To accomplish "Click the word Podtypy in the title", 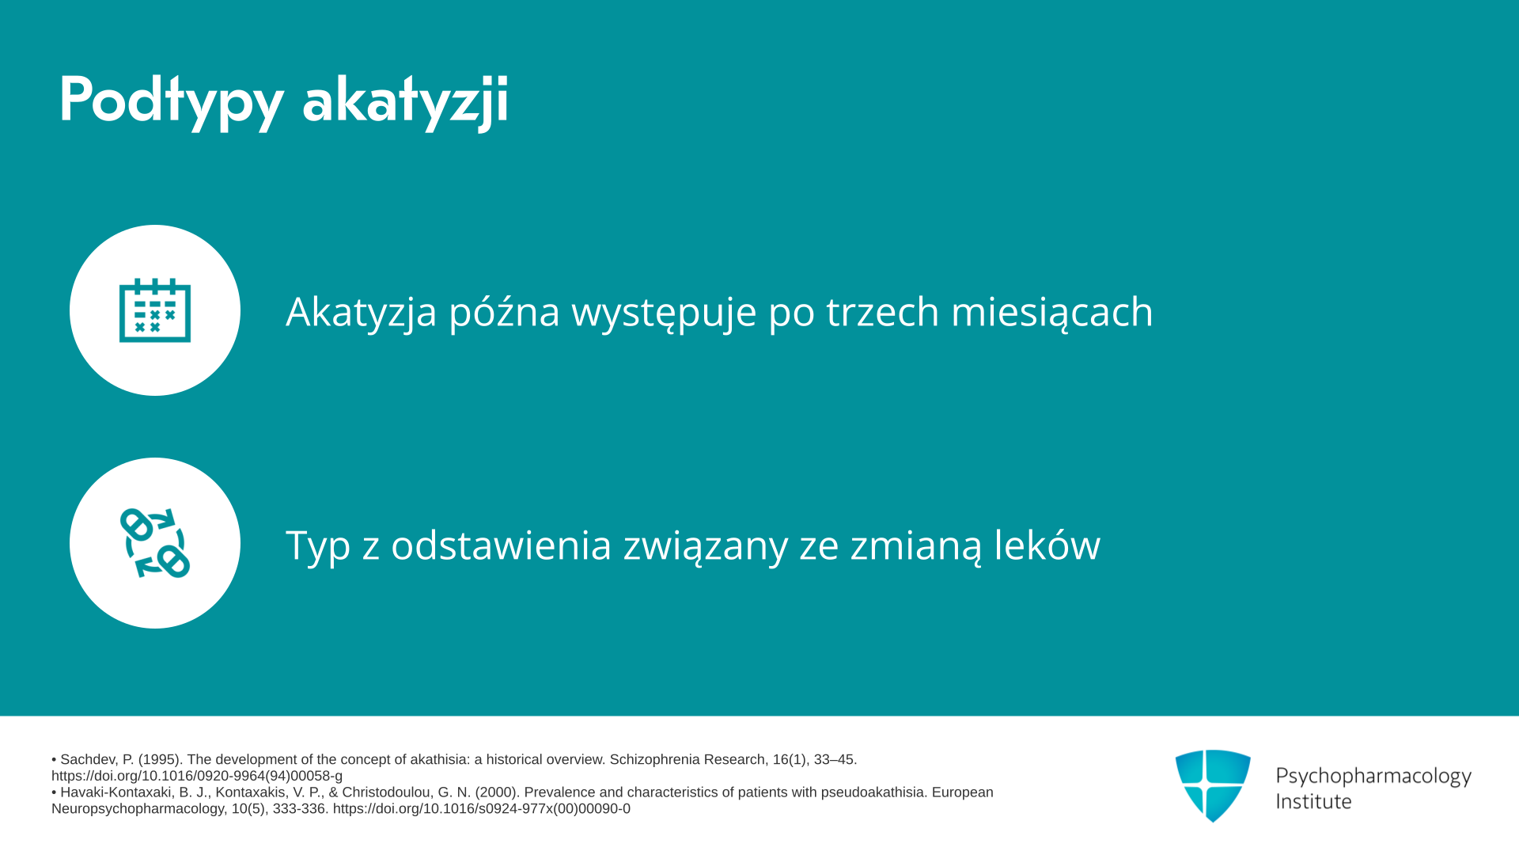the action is coord(171,101).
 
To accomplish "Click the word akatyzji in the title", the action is coord(405,101).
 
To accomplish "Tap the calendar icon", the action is coord(155,310).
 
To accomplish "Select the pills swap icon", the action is coord(155,543).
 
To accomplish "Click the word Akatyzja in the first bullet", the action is coord(362,311).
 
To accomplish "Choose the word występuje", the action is coord(664,311).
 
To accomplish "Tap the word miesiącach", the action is coord(1052,311).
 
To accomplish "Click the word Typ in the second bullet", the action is coord(318,545).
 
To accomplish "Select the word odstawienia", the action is coord(502,545).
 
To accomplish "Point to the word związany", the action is coord(706,545).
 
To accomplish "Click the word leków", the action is coord(1047,545).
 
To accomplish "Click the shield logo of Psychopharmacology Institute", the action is coord(1213,785).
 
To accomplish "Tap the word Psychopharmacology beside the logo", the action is coord(1373,776).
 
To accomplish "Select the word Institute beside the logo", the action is coord(1313,801).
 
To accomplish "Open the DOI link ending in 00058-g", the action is coord(197,776).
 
